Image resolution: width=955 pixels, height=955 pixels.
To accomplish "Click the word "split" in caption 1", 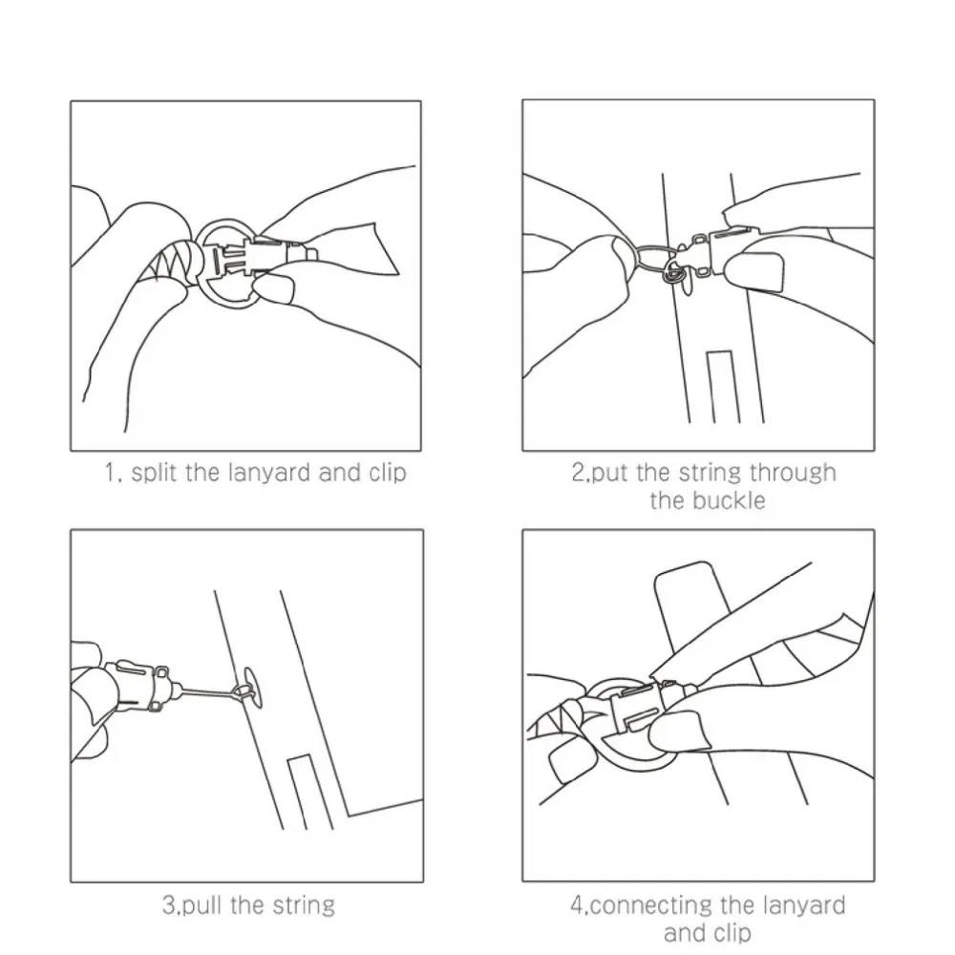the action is (155, 474).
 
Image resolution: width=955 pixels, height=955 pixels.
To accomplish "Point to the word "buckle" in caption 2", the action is (729, 500).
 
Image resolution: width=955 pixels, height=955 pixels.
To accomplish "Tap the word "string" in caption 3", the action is (304, 905).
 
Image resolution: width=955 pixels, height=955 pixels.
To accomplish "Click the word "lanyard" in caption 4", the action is (803, 905).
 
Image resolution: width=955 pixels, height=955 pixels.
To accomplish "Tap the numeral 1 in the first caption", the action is (110, 473).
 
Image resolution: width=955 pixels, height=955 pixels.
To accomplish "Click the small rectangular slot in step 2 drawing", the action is (724, 387).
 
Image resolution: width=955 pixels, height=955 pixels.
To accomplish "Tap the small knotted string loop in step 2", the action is (673, 272).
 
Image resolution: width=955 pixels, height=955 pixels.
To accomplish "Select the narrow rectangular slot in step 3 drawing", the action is (310, 792).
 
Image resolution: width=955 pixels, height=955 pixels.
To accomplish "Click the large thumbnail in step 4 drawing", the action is (679, 732).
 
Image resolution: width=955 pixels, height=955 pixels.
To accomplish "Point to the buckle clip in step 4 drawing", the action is (651, 707).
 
